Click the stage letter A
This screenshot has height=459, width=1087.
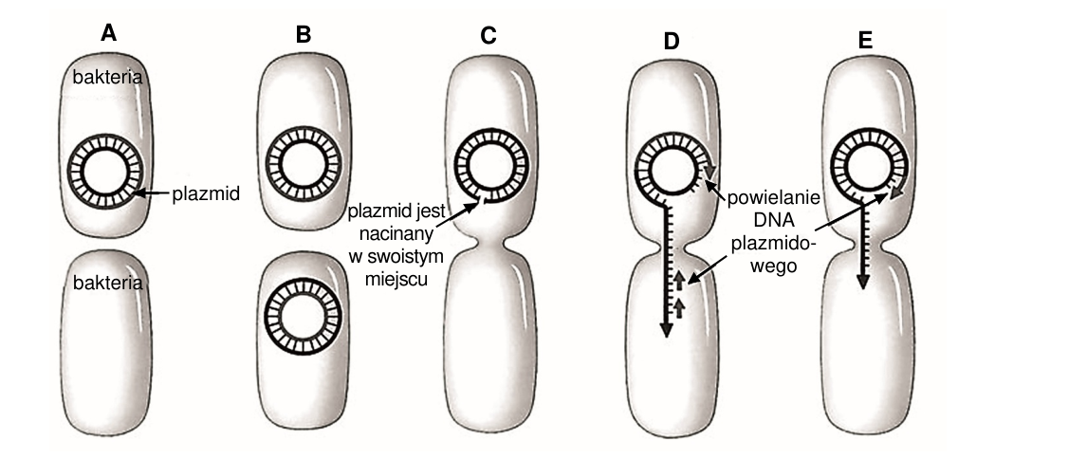coord(107,32)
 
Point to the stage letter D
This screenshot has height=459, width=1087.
coord(671,41)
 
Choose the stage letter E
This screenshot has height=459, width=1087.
coord(864,41)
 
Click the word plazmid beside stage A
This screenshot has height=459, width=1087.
coord(206,194)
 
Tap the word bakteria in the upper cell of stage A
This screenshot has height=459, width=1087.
coord(107,78)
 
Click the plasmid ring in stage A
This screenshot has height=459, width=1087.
coord(105,134)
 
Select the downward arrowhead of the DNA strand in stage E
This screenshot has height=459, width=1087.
coord(862,280)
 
